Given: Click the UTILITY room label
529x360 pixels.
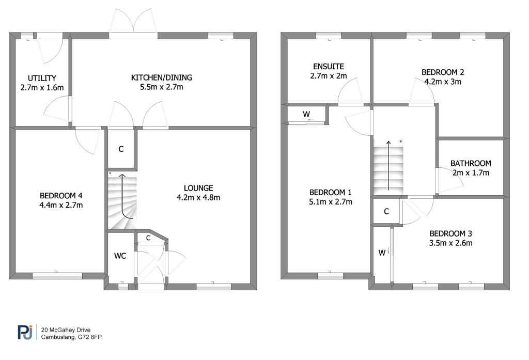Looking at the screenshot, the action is click(x=42, y=79).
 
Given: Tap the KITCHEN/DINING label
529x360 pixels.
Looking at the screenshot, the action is click(x=162, y=77).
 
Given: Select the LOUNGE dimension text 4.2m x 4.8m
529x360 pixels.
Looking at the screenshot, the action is click(x=198, y=198).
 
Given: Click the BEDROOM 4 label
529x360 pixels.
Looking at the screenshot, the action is click(x=61, y=196).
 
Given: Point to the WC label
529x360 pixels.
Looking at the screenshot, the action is click(x=120, y=256).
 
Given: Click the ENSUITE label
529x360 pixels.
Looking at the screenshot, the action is click(x=329, y=67).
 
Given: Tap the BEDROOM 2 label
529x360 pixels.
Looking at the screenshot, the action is click(x=443, y=72).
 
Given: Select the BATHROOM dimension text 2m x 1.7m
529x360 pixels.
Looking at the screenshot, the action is click(x=471, y=173).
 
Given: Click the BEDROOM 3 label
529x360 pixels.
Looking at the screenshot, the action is click(x=450, y=233).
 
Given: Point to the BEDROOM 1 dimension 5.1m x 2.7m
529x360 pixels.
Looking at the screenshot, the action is click(x=331, y=202).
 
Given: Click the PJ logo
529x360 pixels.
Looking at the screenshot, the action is click(x=25, y=332).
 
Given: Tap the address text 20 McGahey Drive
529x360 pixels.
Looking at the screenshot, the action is click(x=66, y=330).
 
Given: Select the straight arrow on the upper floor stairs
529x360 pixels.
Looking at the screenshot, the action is click(x=388, y=165).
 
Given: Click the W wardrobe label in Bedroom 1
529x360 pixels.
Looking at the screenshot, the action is click(x=306, y=114).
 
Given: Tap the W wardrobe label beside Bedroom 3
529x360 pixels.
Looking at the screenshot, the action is click(x=382, y=253).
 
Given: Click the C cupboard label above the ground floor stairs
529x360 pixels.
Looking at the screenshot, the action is click(x=121, y=149).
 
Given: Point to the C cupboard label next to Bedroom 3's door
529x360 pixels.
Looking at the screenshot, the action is click(x=386, y=211).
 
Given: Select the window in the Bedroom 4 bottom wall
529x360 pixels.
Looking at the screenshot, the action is click(x=57, y=276).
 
